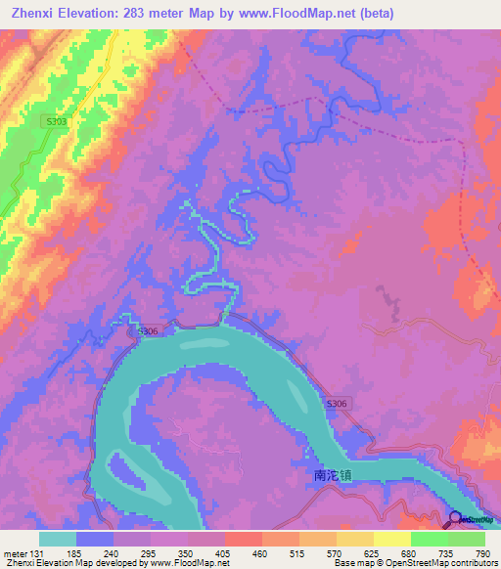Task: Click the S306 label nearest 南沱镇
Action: tap(337, 404)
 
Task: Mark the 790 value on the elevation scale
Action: tap(481, 553)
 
